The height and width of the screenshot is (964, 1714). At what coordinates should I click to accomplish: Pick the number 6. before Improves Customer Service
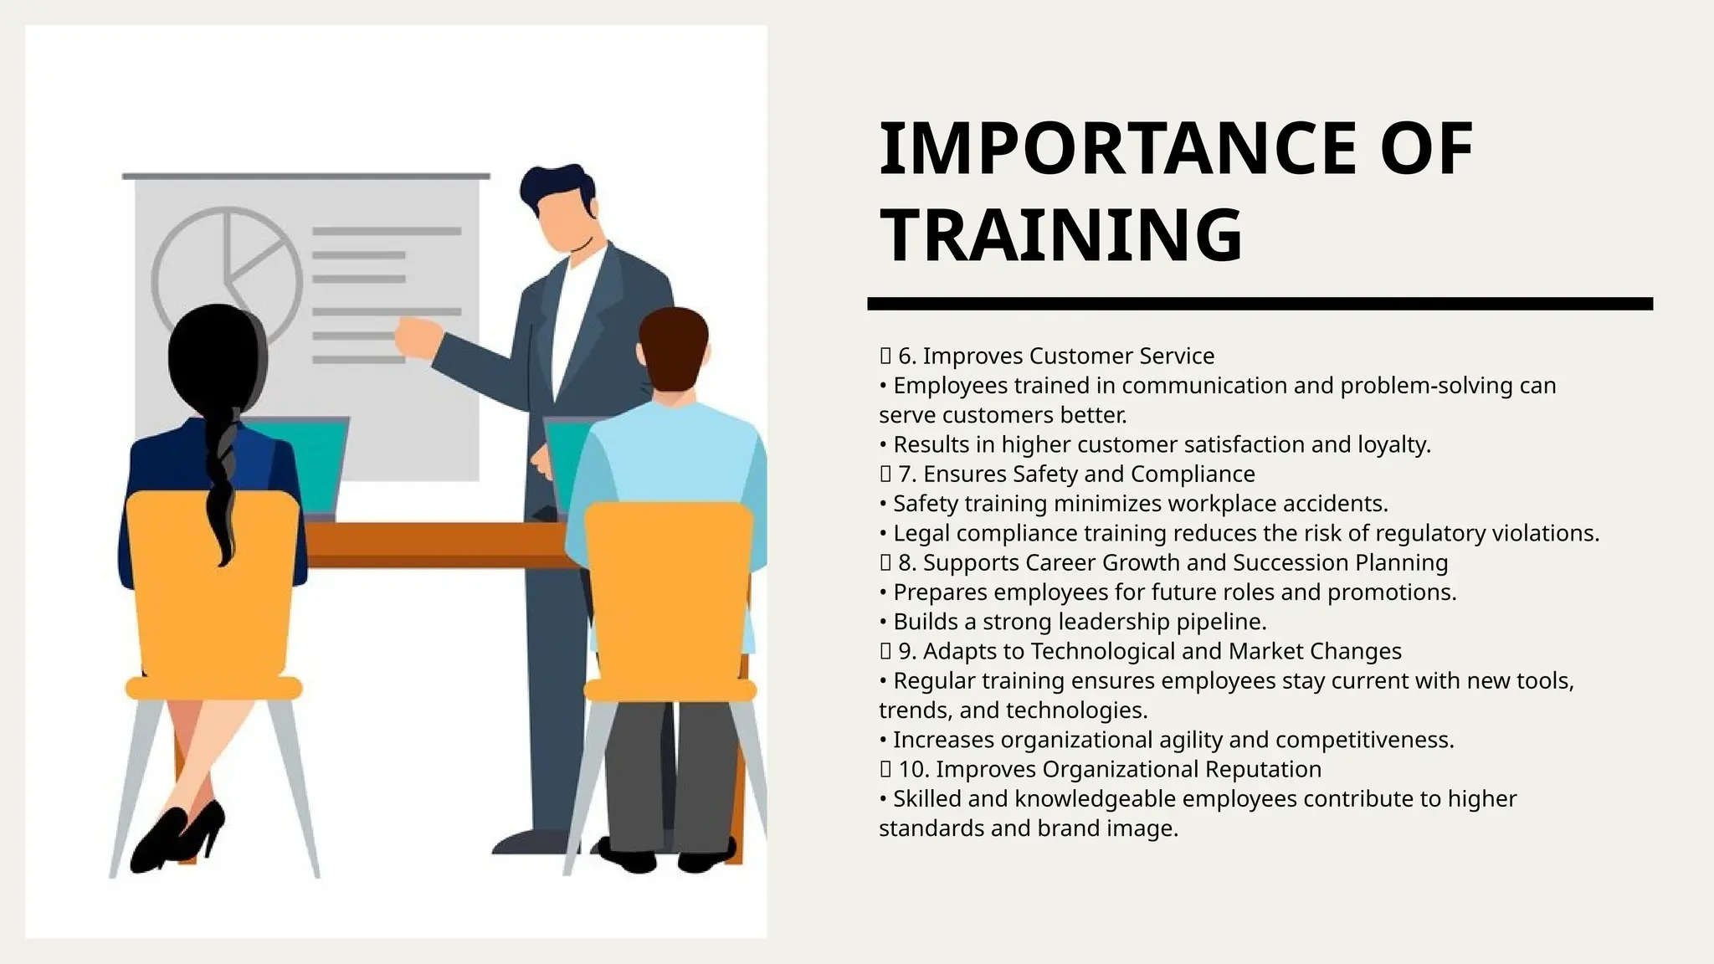pos(907,356)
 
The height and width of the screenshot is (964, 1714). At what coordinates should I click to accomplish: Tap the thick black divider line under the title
pos(1260,304)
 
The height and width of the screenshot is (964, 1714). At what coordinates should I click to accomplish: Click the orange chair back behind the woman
pos(213,586)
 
